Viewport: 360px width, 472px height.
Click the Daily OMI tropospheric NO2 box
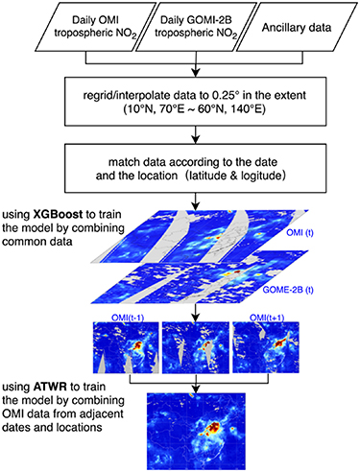[x=90, y=28]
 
